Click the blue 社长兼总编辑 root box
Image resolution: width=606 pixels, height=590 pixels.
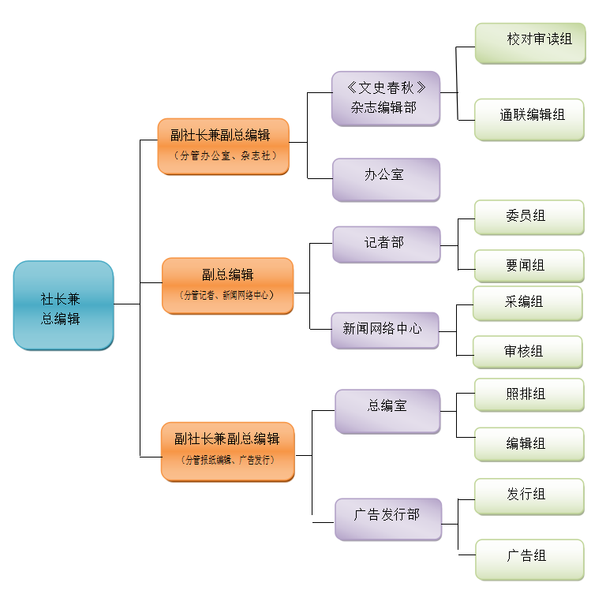(x=63, y=305)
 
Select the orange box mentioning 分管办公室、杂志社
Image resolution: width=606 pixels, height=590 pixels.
(x=223, y=146)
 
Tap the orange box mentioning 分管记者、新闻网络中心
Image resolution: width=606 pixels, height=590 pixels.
(x=227, y=285)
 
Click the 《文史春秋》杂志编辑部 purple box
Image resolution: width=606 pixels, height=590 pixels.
(x=385, y=98)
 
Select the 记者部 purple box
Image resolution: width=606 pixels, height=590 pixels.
(x=386, y=244)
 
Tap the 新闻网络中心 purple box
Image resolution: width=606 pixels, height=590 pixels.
(x=385, y=329)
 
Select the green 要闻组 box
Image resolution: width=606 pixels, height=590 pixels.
(x=529, y=266)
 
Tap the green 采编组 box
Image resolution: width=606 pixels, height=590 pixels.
(x=527, y=303)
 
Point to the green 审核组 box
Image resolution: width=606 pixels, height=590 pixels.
(x=527, y=352)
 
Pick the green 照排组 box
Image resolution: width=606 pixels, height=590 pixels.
(x=529, y=394)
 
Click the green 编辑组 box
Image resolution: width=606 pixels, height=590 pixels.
(x=529, y=444)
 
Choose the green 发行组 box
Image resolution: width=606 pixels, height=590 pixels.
(x=529, y=496)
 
